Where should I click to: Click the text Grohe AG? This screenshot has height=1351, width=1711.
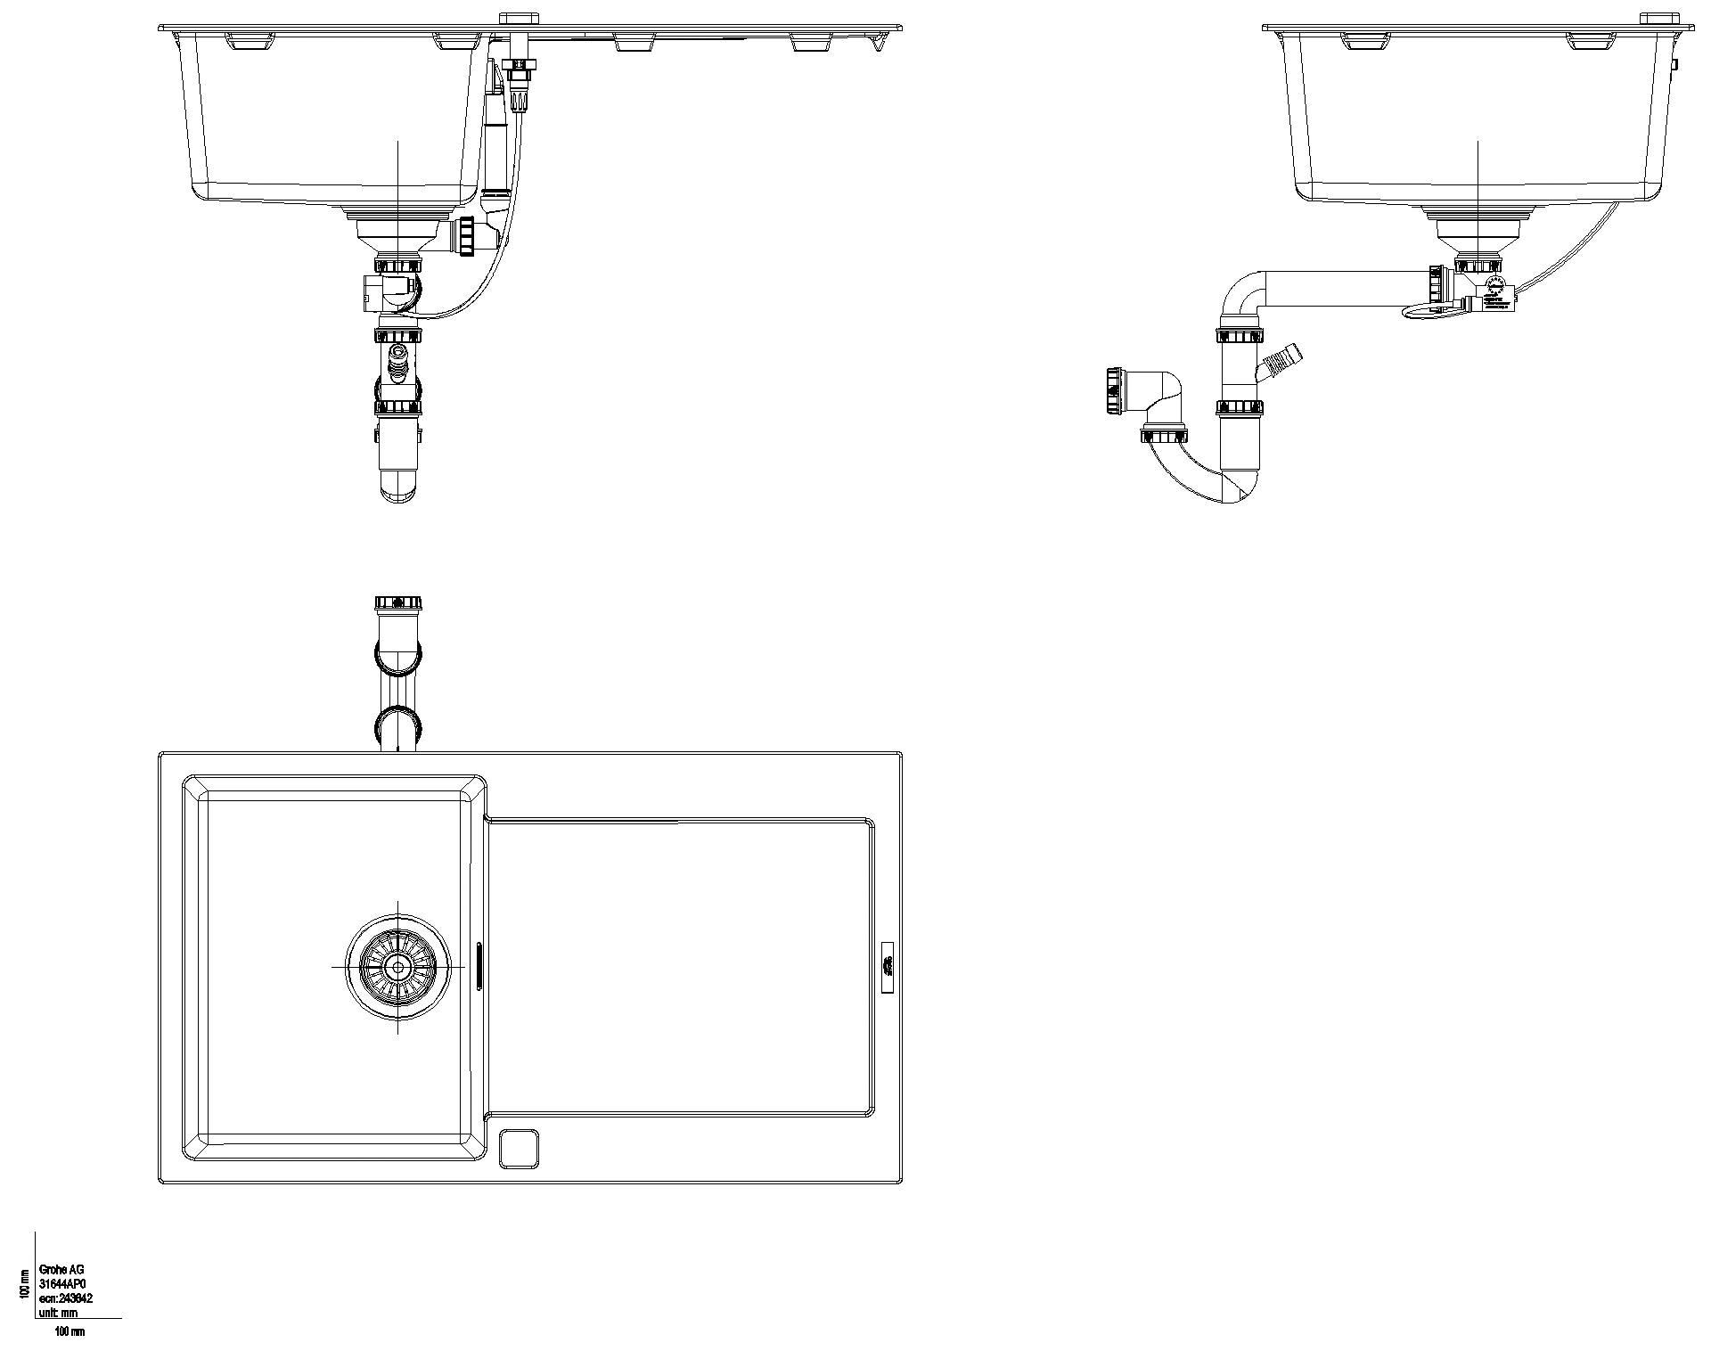[61, 1270]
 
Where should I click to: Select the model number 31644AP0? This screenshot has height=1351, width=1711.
[62, 1284]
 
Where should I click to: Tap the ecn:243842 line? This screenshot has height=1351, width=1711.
[66, 1298]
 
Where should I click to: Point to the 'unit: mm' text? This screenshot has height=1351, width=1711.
[58, 1313]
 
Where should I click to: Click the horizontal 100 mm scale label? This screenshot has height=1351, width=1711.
[70, 1331]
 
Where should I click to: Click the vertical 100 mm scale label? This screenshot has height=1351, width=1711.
[25, 1283]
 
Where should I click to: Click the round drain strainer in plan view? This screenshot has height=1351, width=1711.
[397, 966]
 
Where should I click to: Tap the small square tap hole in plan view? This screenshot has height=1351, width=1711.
[520, 1149]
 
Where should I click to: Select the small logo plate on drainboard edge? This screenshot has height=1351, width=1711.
[888, 965]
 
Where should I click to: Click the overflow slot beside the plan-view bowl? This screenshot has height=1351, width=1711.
[479, 965]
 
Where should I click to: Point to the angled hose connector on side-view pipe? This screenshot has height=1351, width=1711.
[1281, 360]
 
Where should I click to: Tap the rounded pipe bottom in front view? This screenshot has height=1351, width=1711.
[397, 488]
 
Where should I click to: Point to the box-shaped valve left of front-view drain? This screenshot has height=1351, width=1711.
[373, 292]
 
